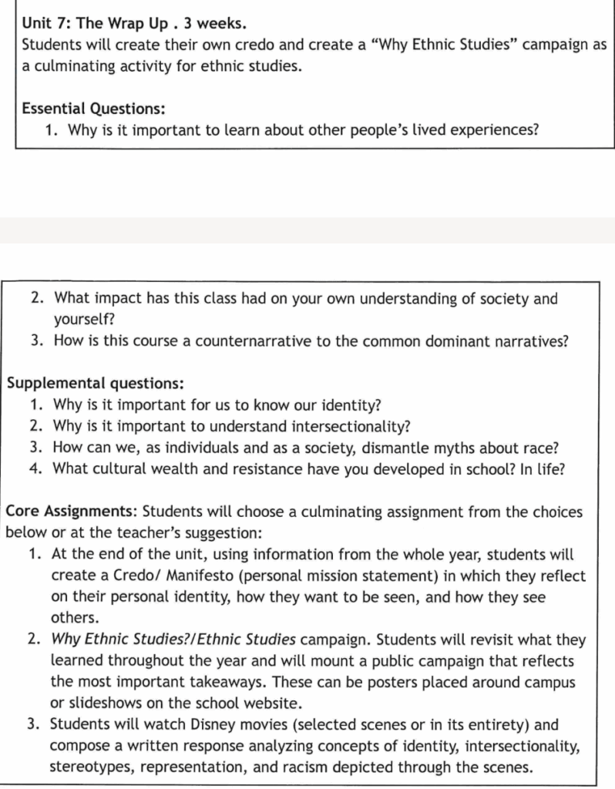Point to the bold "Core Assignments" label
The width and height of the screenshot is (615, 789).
click(72, 512)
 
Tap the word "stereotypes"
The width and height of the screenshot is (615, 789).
click(90, 767)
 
